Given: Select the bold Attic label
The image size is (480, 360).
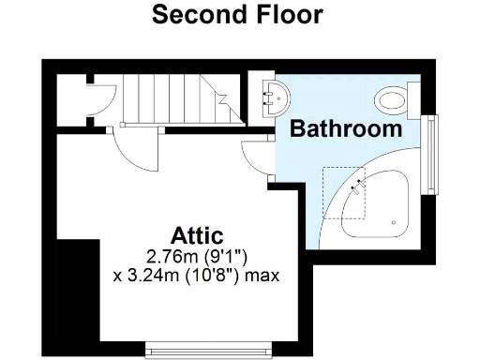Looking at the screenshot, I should point(196,235).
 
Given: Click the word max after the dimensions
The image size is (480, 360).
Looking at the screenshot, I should point(263,276).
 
